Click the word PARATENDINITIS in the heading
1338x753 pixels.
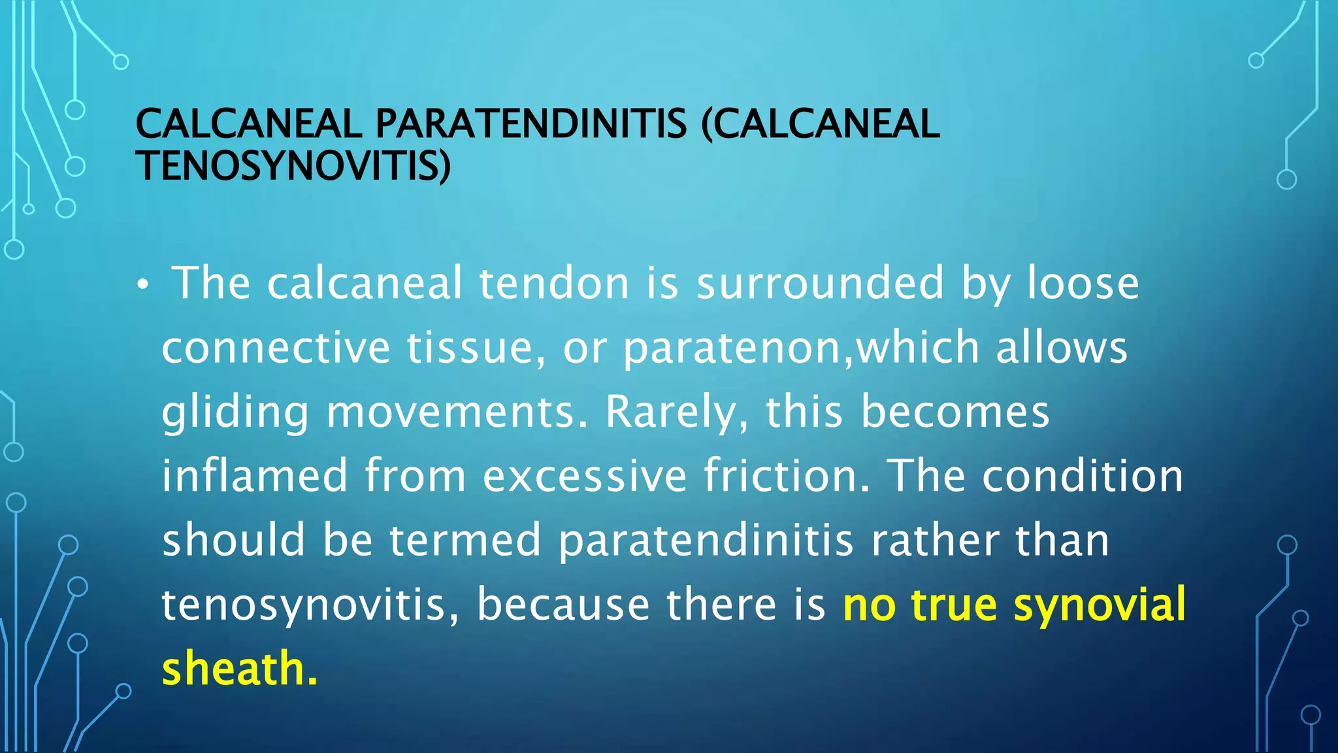(531, 124)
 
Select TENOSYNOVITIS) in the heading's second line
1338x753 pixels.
(293, 165)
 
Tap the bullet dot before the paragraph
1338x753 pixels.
(143, 284)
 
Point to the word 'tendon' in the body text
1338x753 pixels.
(555, 283)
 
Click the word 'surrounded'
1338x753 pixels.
(821, 283)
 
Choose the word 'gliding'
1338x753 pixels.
(235, 413)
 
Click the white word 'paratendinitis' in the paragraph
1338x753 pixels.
(706, 541)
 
